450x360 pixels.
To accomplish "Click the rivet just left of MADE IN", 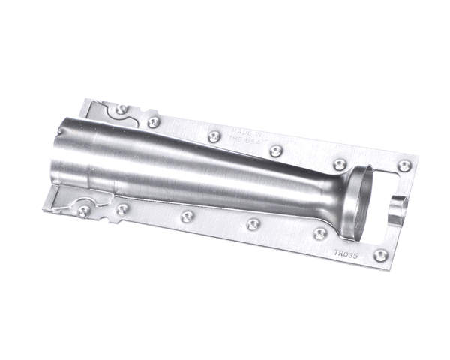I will coord(214,136).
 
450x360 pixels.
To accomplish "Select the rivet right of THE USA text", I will coord(275,150).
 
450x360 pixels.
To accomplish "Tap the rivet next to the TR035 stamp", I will coord(380,255).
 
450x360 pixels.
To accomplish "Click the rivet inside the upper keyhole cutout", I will coord(121,109).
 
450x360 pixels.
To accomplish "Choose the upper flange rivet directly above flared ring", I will coord(339,163).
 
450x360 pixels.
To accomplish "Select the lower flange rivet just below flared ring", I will coord(319,233).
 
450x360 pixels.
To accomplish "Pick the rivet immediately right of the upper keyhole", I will coord(154,121).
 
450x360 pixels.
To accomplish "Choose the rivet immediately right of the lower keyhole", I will coord(121,209).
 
